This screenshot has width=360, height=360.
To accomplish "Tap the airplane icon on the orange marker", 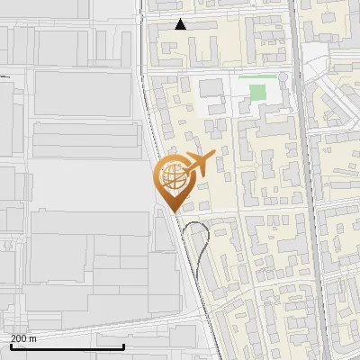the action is [198, 164].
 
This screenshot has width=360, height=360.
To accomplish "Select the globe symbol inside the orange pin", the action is [171, 176].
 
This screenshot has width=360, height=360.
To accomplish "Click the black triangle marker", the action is [181, 25].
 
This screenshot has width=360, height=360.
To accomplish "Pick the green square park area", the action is [258, 92].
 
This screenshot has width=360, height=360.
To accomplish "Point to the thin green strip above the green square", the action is [258, 76].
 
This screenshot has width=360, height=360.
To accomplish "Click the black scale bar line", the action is [67, 346].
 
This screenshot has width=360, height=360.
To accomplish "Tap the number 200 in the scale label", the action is [18, 338].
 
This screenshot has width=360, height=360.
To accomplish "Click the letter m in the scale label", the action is [32, 338].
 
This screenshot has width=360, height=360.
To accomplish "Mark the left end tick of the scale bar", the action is [11, 345].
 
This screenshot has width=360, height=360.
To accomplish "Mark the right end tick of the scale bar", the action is [123, 345].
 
